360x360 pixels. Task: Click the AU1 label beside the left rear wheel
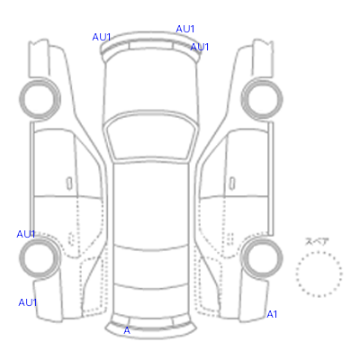[26, 234]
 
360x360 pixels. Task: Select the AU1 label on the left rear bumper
[28, 302]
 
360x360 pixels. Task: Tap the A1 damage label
[272, 314]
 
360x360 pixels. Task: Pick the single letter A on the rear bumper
[127, 330]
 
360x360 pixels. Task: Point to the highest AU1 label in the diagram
[185, 29]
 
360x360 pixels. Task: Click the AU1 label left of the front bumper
[102, 37]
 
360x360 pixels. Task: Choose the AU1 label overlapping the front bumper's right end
[200, 47]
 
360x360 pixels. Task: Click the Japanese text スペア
[317, 241]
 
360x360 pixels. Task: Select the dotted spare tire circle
[319, 252]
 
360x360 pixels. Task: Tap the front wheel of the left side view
[40, 99]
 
